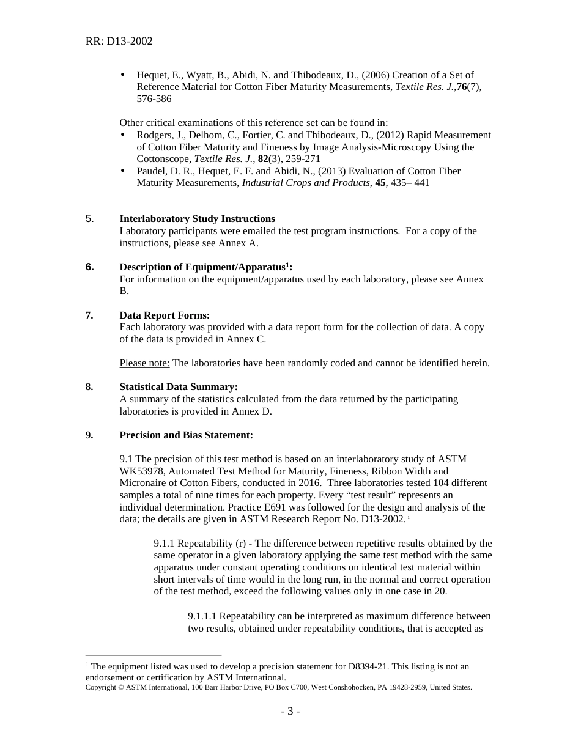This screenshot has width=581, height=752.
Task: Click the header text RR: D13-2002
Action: [119, 42]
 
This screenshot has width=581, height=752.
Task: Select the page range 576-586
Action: [154, 99]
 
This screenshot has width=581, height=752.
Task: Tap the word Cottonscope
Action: [162, 159]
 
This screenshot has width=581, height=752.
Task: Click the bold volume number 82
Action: [263, 159]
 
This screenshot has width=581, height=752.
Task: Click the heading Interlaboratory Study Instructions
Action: [197, 219]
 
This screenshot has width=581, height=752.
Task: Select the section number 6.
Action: [89, 267]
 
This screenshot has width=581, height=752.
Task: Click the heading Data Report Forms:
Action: [165, 315]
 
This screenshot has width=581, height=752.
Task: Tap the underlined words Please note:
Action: [144, 363]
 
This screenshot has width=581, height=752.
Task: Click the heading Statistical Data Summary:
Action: [179, 387]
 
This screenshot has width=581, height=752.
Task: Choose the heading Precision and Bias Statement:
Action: [186, 435]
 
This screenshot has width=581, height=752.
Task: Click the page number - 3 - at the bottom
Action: [290, 712]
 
